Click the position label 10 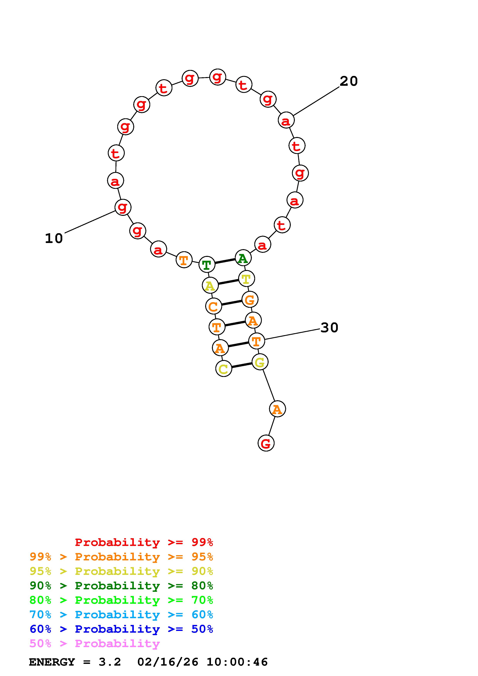tap(54, 239)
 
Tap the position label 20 tap(349, 81)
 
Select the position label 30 tap(329, 328)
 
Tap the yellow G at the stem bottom tap(260, 362)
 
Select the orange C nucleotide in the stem tap(213, 306)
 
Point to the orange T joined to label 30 tap(256, 341)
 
